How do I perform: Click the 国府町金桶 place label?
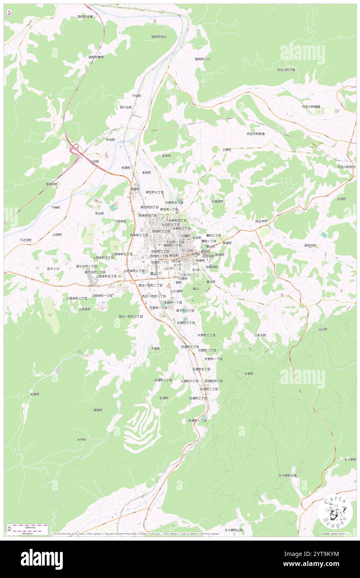(85, 17)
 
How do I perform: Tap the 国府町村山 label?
(159, 37)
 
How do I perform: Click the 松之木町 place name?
(261, 221)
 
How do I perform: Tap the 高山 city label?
(153, 274)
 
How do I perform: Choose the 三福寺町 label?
(217, 201)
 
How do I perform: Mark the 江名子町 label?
(260, 335)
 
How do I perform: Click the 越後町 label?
(98, 410)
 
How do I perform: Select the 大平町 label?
(81, 440)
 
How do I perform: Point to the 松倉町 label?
(35, 394)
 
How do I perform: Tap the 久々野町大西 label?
(287, 475)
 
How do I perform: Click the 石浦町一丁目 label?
(197, 420)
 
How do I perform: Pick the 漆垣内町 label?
(310, 245)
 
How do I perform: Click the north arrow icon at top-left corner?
(9, 12)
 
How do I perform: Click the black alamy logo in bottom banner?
(42, 559)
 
